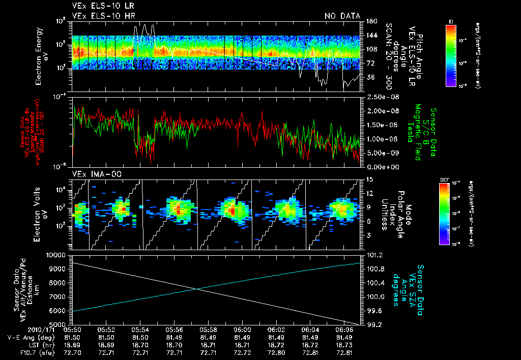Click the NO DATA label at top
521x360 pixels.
pos(342,16)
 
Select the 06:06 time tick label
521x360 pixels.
pos(345,329)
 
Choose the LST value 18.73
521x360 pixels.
pos(345,344)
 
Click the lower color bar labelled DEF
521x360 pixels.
pos(444,213)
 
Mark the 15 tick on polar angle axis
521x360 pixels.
pos(368,179)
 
